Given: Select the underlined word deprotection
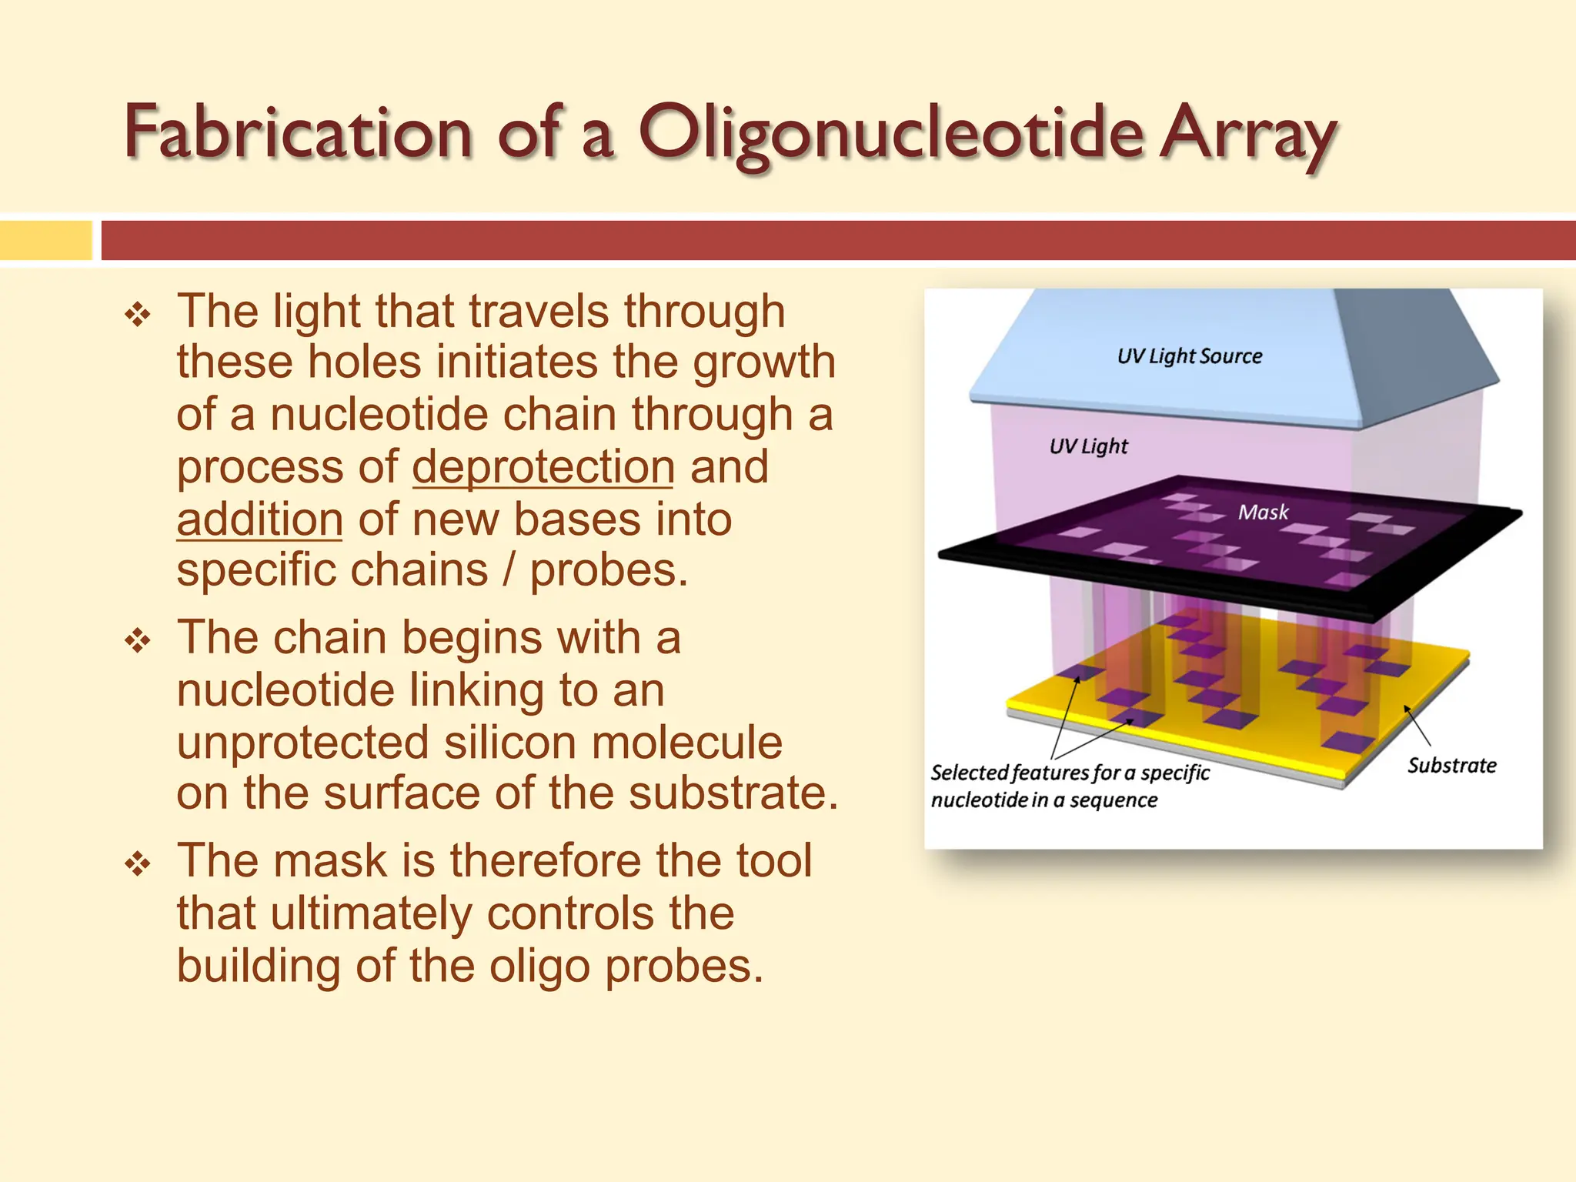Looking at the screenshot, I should (543, 467).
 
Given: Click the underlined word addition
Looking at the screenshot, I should (259, 519).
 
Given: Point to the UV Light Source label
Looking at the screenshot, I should (1189, 356).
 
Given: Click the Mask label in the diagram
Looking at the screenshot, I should (1263, 513).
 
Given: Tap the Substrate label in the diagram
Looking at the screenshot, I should (1451, 766).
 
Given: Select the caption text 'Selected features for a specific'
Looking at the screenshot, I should (1070, 773).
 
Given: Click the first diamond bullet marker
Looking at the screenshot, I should (138, 315).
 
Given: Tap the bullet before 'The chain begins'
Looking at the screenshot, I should (138, 640).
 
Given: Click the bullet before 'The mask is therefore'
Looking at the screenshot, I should (138, 863).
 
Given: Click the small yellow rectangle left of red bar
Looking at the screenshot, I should (45, 240).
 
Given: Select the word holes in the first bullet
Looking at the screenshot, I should (363, 362).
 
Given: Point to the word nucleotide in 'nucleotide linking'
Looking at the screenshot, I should (285, 690).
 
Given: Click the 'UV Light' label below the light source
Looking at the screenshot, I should (1088, 446).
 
